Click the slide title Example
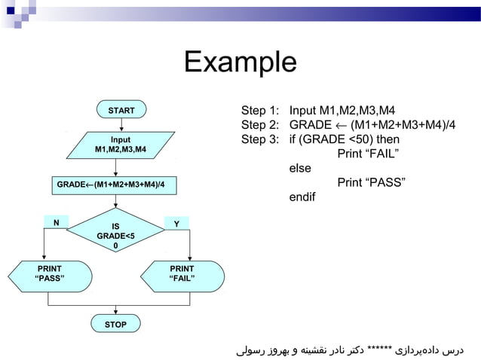[240, 62]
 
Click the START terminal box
[121, 111]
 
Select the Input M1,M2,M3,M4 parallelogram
[120, 145]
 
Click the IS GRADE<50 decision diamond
[115, 235]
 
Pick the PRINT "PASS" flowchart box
[50, 274]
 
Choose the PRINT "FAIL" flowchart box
[182, 274]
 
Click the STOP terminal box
[115, 325]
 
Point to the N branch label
[55, 222]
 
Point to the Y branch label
[176, 224]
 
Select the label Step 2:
[260, 126]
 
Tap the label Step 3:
[260, 140]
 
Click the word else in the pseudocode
[300, 169]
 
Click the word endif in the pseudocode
[303, 197]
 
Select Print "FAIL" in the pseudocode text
[367, 154]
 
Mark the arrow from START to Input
[115, 125]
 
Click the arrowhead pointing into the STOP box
[115, 313]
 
